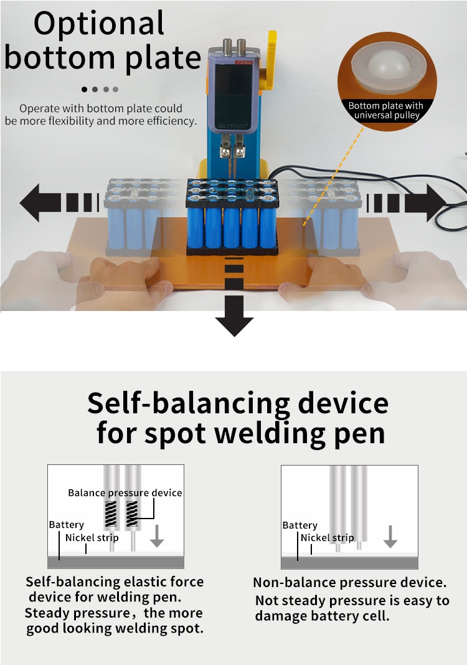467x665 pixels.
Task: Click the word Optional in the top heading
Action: pyautogui.click(x=99, y=24)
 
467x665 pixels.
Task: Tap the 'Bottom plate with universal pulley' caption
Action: pyautogui.click(x=385, y=110)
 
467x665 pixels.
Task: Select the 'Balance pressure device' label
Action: pyautogui.click(x=125, y=492)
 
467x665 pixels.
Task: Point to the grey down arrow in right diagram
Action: pyautogui.click(x=390, y=536)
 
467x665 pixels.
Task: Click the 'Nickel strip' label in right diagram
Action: pyautogui.click(x=327, y=538)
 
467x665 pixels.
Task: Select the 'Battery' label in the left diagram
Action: pyautogui.click(x=66, y=525)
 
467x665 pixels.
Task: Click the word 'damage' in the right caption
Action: pyautogui.click(x=284, y=616)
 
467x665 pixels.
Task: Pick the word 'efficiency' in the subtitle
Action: pyautogui.click(x=166, y=121)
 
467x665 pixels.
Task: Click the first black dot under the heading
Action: pyautogui.click(x=85, y=89)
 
